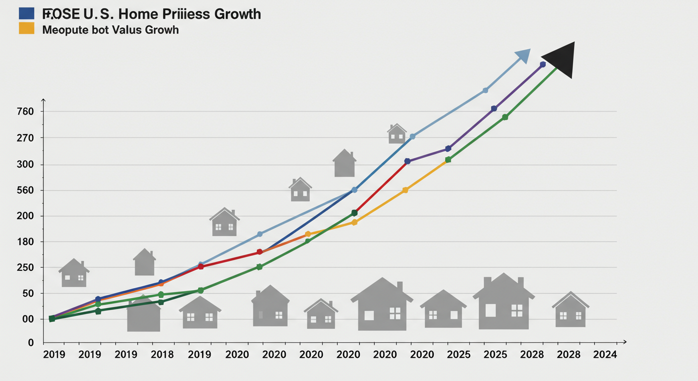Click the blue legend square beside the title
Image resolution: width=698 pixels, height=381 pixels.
pyautogui.click(x=26, y=13)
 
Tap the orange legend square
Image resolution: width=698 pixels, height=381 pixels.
pyautogui.click(x=26, y=28)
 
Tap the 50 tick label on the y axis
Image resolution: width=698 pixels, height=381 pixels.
pyautogui.click(x=28, y=293)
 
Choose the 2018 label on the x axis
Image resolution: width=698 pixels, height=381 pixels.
pyautogui.click(x=162, y=355)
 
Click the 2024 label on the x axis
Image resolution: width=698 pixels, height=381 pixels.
pyautogui.click(x=605, y=355)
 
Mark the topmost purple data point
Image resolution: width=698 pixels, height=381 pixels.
pyautogui.click(x=542, y=64)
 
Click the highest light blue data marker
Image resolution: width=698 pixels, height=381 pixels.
pyautogui.click(x=485, y=90)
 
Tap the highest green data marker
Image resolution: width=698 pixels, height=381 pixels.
pyautogui.click(x=505, y=117)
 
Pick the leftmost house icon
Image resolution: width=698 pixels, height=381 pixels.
pyautogui.click(x=74, y=273)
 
